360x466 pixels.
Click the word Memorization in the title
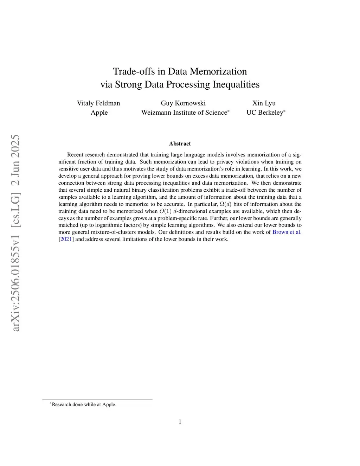click(218, 71)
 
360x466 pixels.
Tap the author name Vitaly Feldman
click(98, 103)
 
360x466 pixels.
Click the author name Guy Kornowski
click(183, 103)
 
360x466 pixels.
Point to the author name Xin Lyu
click(264, 103)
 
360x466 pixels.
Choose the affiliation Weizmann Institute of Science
click(184, 113)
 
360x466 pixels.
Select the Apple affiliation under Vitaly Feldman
click(99, 113)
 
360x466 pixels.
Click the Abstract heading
click(180, 143)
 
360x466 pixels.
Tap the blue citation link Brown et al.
click(287, 232)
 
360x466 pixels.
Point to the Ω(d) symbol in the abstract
click(225, 204)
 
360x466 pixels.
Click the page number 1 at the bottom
click(180, 422)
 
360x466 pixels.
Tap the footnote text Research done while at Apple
click(84, 404)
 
